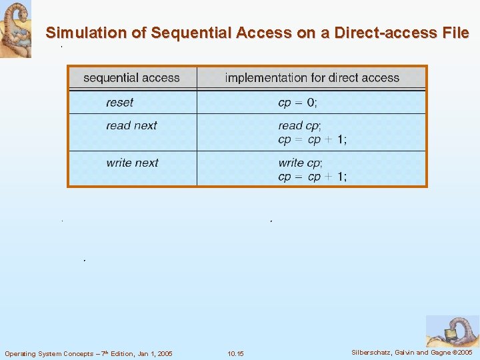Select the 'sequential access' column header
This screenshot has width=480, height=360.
[131, 78]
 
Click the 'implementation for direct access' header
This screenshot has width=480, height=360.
[312, 78]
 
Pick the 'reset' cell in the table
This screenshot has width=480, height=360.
[119, 103]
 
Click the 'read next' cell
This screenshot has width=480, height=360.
[131, 125]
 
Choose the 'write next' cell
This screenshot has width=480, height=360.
[132, 163]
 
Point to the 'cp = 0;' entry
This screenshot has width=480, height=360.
[297, 103]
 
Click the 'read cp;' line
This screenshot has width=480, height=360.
[299, 125]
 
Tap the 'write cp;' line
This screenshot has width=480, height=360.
[300, 163]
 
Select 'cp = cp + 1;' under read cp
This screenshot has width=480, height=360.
[312, 140]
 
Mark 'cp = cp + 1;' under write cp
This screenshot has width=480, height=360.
[312, 177]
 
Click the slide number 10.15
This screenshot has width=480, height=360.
[235, 353]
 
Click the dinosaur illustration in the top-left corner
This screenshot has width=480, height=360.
[15, 29]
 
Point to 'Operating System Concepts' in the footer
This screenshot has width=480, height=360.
[49, 353]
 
